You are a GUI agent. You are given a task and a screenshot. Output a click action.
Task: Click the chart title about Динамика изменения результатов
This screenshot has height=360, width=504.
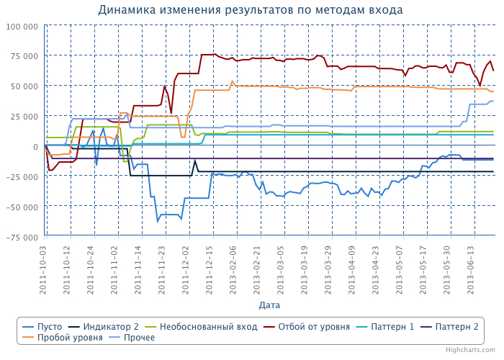point(250,10)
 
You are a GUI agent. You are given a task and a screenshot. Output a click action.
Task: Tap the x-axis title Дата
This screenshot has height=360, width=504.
point(269,305)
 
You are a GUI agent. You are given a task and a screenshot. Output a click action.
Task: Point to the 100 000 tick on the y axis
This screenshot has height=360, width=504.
point(21,26)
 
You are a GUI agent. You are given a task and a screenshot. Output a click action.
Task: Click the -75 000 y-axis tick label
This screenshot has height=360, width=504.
point(21,237)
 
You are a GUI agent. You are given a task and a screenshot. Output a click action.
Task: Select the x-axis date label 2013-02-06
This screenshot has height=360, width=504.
point(233,266)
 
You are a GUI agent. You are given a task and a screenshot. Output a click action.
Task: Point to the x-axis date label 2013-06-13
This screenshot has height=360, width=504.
point(470,266)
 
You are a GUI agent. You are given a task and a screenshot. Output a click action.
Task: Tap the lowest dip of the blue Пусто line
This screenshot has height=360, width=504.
point(158,221)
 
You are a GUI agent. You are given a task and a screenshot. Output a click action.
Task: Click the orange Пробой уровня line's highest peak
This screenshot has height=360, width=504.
point(232,81)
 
